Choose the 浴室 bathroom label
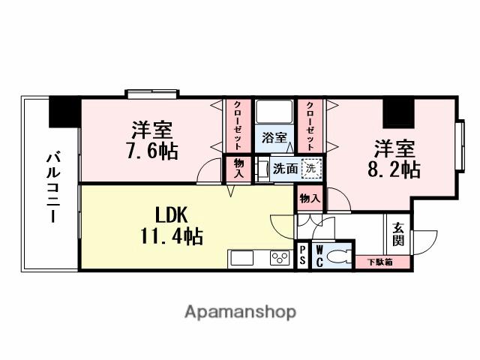click(274, 137)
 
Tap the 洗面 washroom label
click(283, 169)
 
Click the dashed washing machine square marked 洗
click(308, 169)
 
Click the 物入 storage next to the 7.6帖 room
click(238, 168)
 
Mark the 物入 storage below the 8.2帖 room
click(310, 199)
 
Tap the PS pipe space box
click(302, 256)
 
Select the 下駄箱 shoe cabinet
click(377, 262)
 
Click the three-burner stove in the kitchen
click(280, 258)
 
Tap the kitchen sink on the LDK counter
click(244, 259)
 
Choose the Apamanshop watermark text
click(240, 311)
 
